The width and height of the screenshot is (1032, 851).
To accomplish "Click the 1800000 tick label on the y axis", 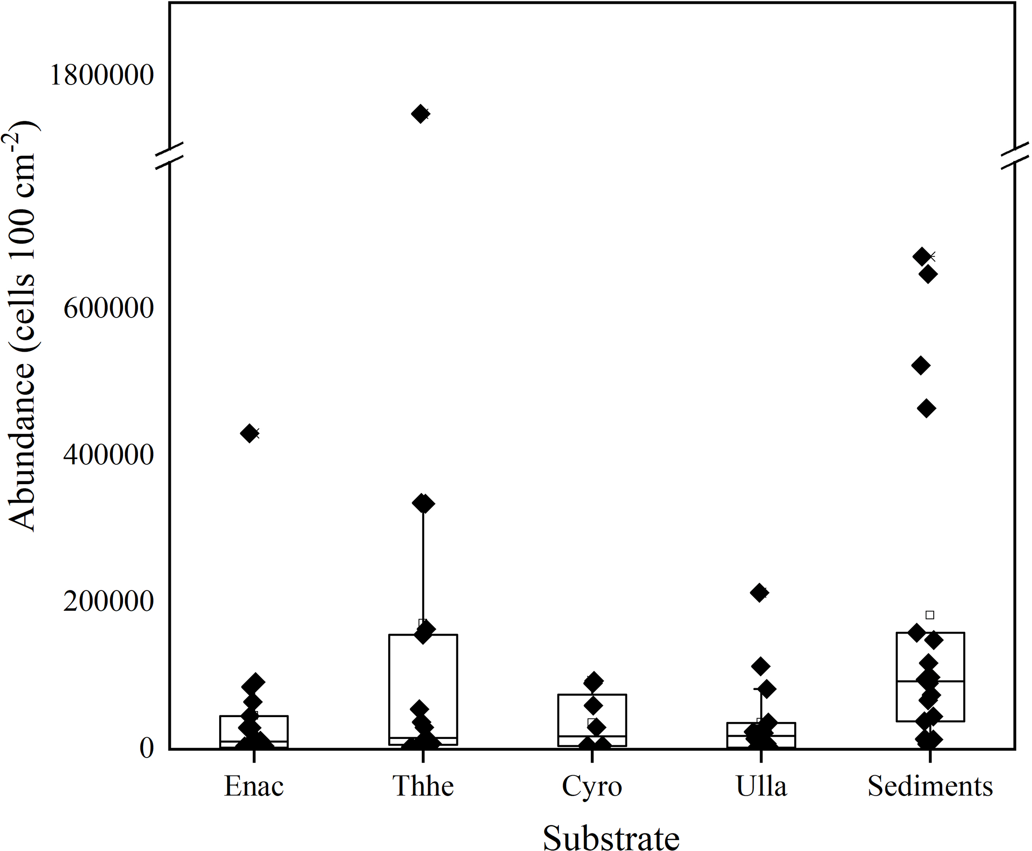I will click(x=102, y=75).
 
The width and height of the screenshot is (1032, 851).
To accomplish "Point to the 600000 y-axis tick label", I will click(x=109, y=309).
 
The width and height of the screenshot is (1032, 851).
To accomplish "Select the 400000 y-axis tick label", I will click(x=109, y=454).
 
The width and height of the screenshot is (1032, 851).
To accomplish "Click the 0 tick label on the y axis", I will click(x=147, y=748).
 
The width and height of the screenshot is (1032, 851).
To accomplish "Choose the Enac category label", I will click(x=254, y=787).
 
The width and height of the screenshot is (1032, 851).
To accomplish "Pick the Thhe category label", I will click(x=423, y=787).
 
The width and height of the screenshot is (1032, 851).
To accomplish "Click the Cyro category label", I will click(x=592, y=787).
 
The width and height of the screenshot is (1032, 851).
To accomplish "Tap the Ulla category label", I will click(x=761, y=787).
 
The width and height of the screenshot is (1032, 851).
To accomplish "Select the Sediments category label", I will click(x=930, y=787).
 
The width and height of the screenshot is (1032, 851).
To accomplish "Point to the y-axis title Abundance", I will click(x=22, y=326).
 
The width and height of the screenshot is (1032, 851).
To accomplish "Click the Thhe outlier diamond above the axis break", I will click(x=420, y=114).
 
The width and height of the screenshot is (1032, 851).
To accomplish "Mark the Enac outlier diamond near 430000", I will click(x=250, y=433).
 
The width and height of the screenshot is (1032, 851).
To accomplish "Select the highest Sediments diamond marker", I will click(x=922, y=256).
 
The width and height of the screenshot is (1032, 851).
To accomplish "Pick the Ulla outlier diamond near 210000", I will click(x=760, y=593).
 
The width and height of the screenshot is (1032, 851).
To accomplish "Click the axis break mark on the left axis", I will click(x=169, y=156).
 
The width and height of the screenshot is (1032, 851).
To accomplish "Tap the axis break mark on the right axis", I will click(x=1014, y=158).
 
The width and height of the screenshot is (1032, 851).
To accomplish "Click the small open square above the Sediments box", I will click(x=930, y=615).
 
